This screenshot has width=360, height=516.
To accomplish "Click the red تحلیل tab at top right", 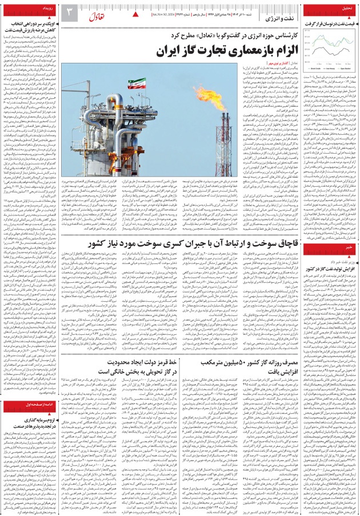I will click(345, 9).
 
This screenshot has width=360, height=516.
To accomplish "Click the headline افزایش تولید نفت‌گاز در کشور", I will click(330, 268).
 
